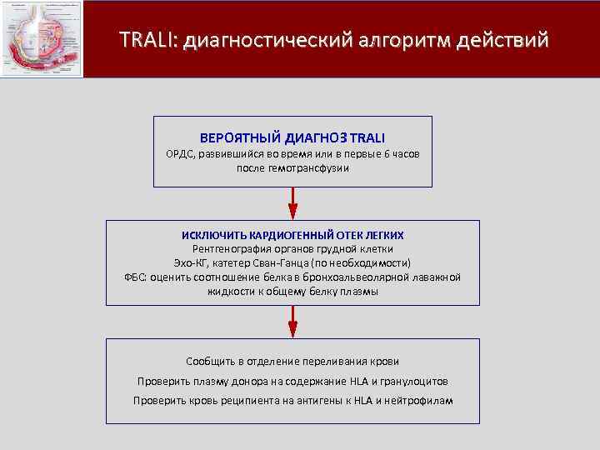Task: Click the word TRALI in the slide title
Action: click(147, 39)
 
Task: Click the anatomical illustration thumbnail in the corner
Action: click(42, 39)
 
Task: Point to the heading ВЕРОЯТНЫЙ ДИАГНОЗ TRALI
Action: click(292, 137)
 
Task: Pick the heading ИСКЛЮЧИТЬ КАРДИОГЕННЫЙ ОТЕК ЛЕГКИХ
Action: click(292, 236)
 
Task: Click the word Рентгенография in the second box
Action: click(230, 249)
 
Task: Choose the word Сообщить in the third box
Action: click(212, 362)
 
